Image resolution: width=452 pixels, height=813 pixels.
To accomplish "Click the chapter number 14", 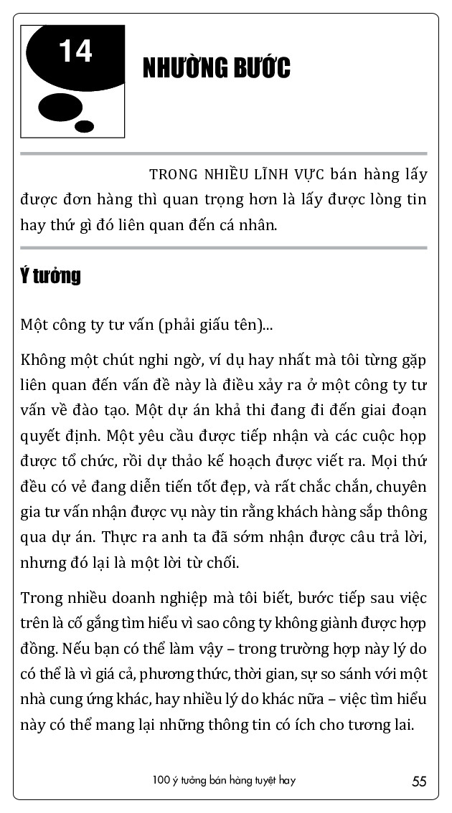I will [x=75, y=52].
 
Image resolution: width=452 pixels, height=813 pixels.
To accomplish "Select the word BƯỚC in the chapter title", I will [x=261, y=69].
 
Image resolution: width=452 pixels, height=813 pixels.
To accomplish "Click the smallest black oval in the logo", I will [x=84, y=126].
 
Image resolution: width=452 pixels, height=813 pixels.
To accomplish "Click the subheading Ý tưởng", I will [x=50, y=276].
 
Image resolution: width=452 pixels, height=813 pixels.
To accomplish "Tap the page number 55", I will [x=419, y=781].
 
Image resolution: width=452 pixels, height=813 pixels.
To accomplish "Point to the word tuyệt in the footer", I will [x=260, y=781].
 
